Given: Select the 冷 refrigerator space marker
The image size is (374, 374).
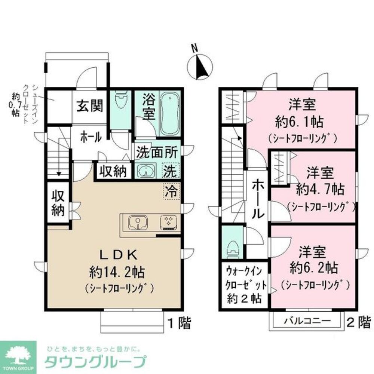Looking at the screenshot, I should (x=171, y=192).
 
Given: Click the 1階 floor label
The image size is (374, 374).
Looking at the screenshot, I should (x=179, y=322).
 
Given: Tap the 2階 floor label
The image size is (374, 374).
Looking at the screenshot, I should (x=359, y=321).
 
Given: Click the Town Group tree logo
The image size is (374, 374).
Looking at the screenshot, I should (x=18, y=354).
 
